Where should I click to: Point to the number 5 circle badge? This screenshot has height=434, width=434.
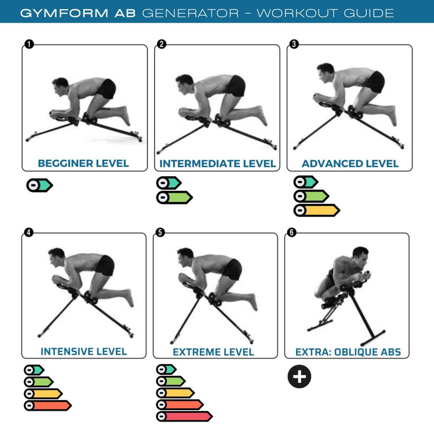click(x=159, y=232)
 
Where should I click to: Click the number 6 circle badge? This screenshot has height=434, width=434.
click(x=292, y=232)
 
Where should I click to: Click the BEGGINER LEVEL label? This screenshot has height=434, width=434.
click(x=83, y=163)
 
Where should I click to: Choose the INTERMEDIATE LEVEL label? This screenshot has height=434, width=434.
click(x=218, y=163)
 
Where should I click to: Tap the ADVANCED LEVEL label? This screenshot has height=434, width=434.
click(x=350, y=163)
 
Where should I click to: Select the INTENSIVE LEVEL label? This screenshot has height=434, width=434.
click(x=84, y=351)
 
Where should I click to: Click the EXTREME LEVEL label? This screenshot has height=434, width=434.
click(x=213, y=352)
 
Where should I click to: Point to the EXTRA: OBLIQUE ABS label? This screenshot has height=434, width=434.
click(x=348, y=352)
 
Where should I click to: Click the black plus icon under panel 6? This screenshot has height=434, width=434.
click(x=299, y=376)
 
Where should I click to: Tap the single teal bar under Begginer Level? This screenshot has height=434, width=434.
click(x=40, y=185)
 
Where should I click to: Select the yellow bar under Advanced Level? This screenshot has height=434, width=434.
click(x=316, y=210)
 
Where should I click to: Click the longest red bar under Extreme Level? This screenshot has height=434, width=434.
click(x=184, y=417)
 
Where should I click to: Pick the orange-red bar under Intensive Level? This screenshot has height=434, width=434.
click(x=48, y=405)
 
